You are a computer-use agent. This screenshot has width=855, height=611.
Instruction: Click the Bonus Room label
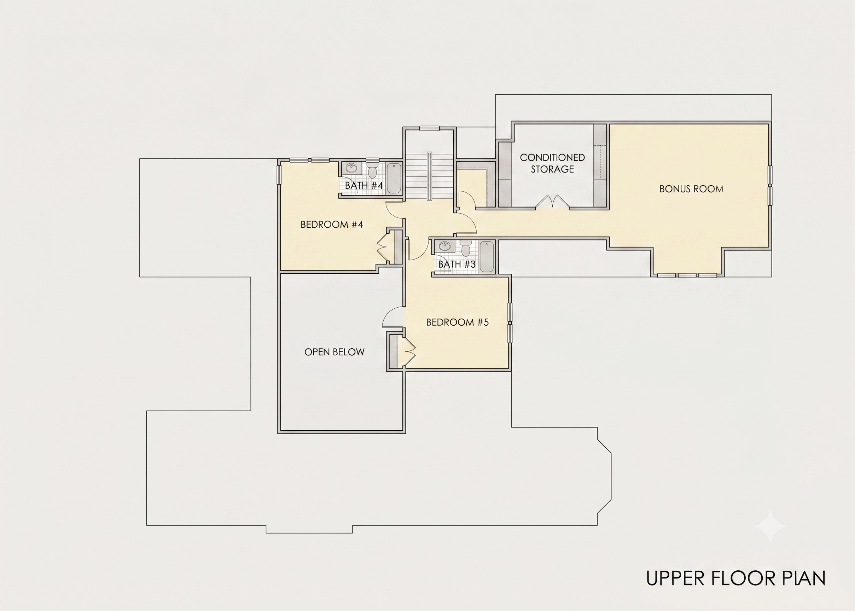(x=691, y=189)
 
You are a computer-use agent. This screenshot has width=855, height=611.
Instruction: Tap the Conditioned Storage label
(x=552, y=163)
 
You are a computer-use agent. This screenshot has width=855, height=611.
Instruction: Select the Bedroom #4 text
(x=332, y=225)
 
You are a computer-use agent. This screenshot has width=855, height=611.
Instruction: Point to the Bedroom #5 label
(x=458, y=322)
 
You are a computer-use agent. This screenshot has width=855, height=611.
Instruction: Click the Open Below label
(x=335, y=352)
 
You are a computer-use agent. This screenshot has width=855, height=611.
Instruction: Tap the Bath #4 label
(x=364, y=186)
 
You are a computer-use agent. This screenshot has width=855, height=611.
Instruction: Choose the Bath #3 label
(x=456, y=264)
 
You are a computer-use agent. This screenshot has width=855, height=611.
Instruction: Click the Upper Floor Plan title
(x=736, y=578)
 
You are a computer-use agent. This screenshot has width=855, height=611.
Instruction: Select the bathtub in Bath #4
(x=394, y=178)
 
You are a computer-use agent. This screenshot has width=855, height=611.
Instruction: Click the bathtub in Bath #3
(x=486, y=257)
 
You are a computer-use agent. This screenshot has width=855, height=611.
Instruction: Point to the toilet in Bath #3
(x=466, y=249)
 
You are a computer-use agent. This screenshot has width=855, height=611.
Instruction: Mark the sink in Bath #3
(x=445, y=246)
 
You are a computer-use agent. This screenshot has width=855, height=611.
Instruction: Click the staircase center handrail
(x=429, y=176)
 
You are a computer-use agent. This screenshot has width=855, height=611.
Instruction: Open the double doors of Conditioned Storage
(x=553, y=202)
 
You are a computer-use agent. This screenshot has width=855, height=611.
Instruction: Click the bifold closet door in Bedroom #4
(x=382, y=246)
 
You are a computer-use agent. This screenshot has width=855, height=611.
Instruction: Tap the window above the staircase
(x=430, y=128)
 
